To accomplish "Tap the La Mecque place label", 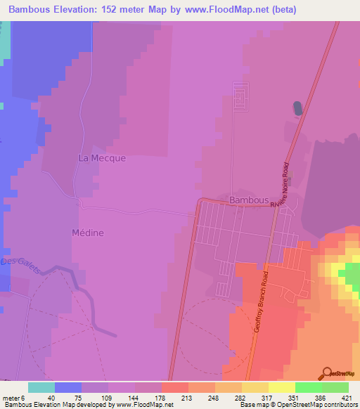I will tap(102, 158).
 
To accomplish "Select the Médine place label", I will tap(88, 233).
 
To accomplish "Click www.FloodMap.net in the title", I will tap(220, 9).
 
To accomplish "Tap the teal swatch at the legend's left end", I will tap(41, 387).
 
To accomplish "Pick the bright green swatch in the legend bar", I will tap(309, 387).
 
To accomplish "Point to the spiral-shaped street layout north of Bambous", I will tap(241, 98).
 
